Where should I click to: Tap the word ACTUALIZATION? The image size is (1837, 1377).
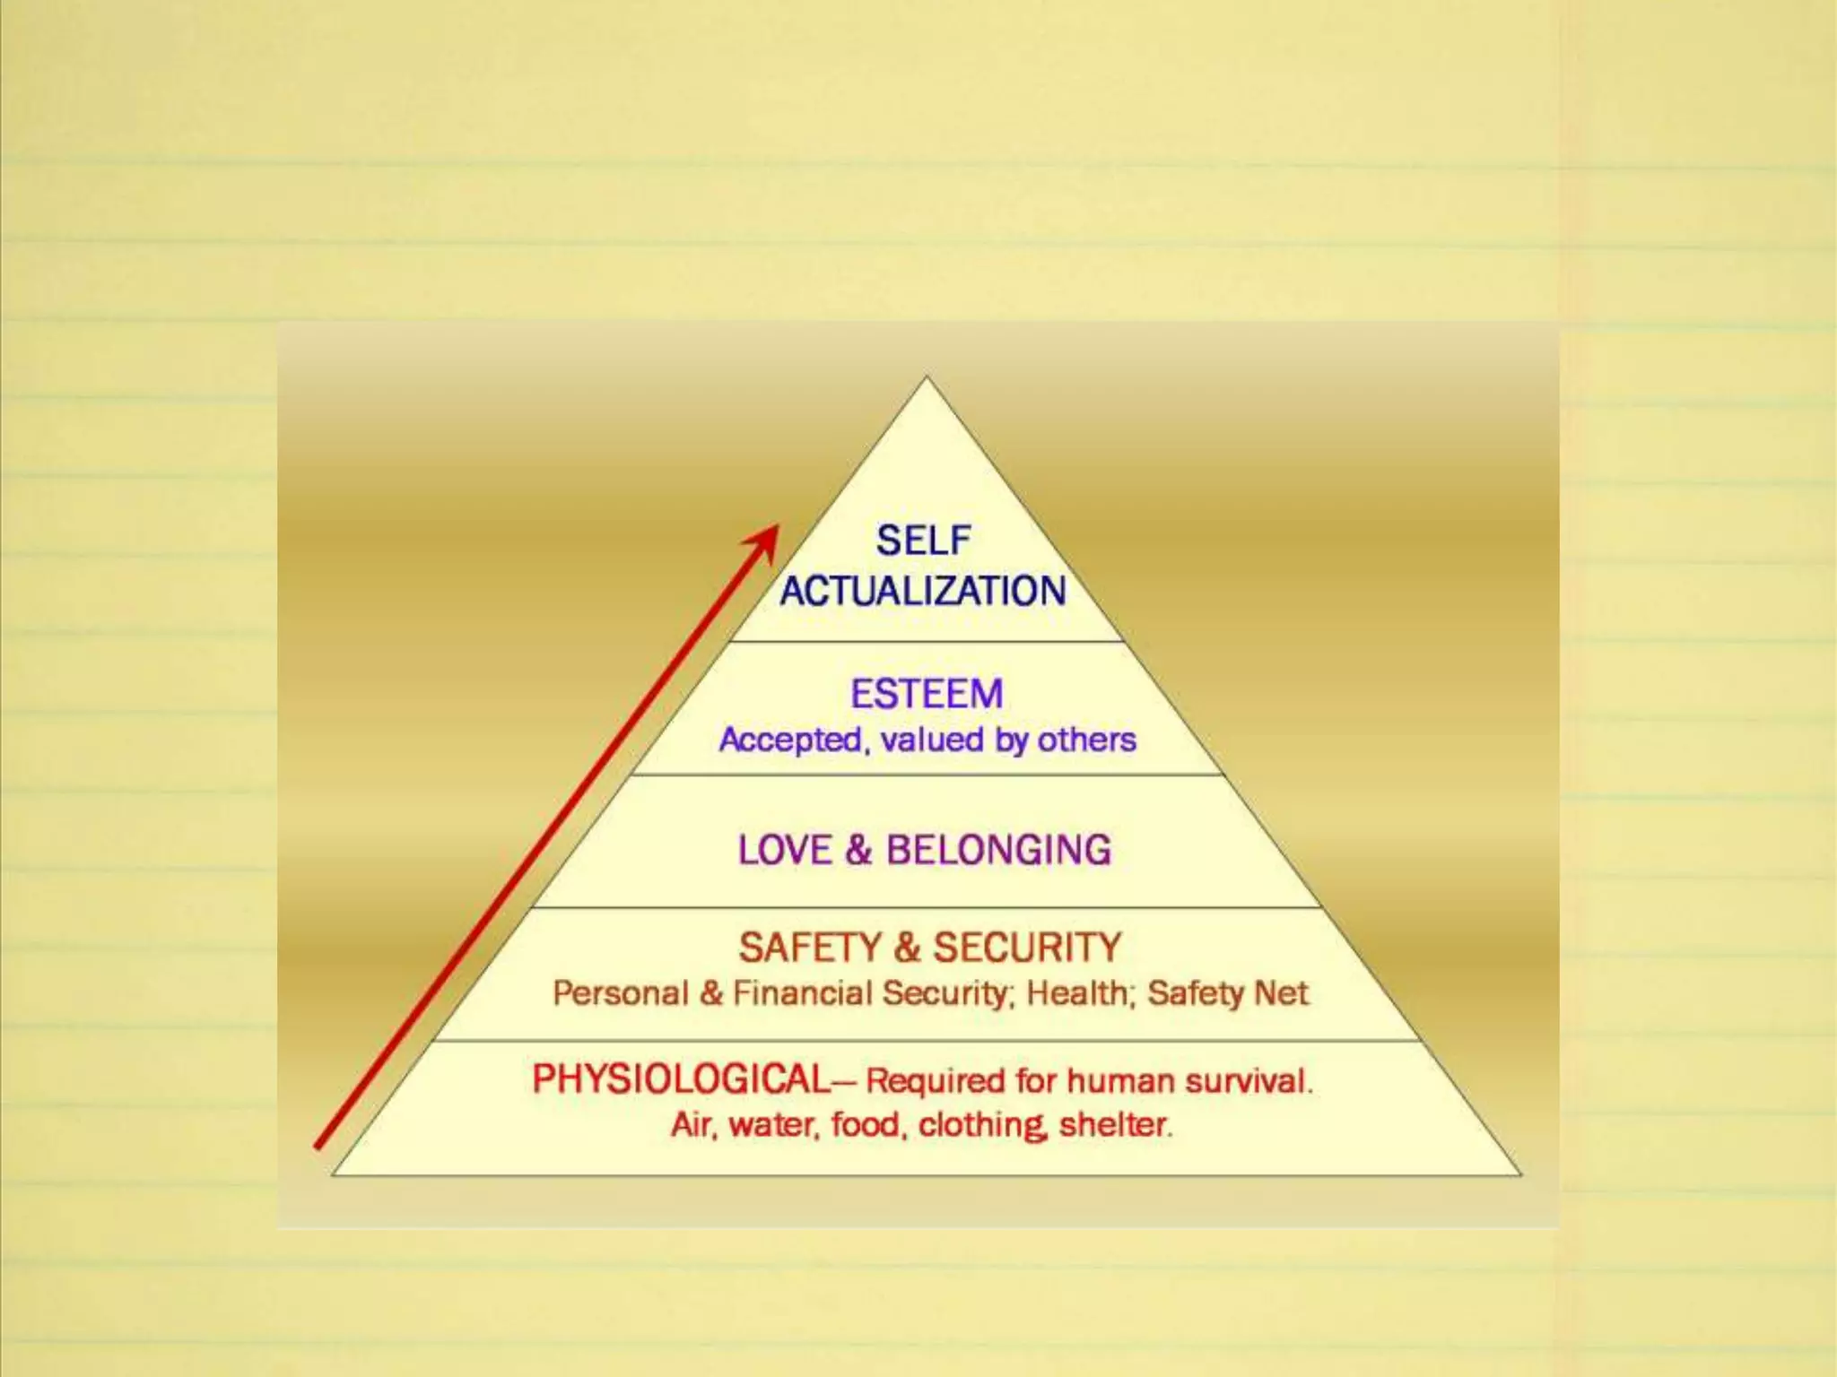pos(923,592)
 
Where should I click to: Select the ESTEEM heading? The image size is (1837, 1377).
pos(927,694)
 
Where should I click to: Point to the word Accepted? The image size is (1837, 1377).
pos(790,740)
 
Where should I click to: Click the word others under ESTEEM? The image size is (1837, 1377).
pos(1086,740)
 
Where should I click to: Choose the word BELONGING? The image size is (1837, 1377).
pos(998,850)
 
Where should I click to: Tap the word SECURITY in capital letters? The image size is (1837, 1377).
pos(1027,948)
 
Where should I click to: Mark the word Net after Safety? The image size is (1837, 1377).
pos(1284,993)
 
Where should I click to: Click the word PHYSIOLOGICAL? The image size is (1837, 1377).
pos(682,1079)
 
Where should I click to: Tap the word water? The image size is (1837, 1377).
pos(774,1124)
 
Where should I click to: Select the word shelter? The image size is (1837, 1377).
pos(1115,1124)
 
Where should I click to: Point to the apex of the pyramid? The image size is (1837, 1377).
pos(927,378)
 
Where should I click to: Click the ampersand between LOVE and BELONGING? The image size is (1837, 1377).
pos(858,850)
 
